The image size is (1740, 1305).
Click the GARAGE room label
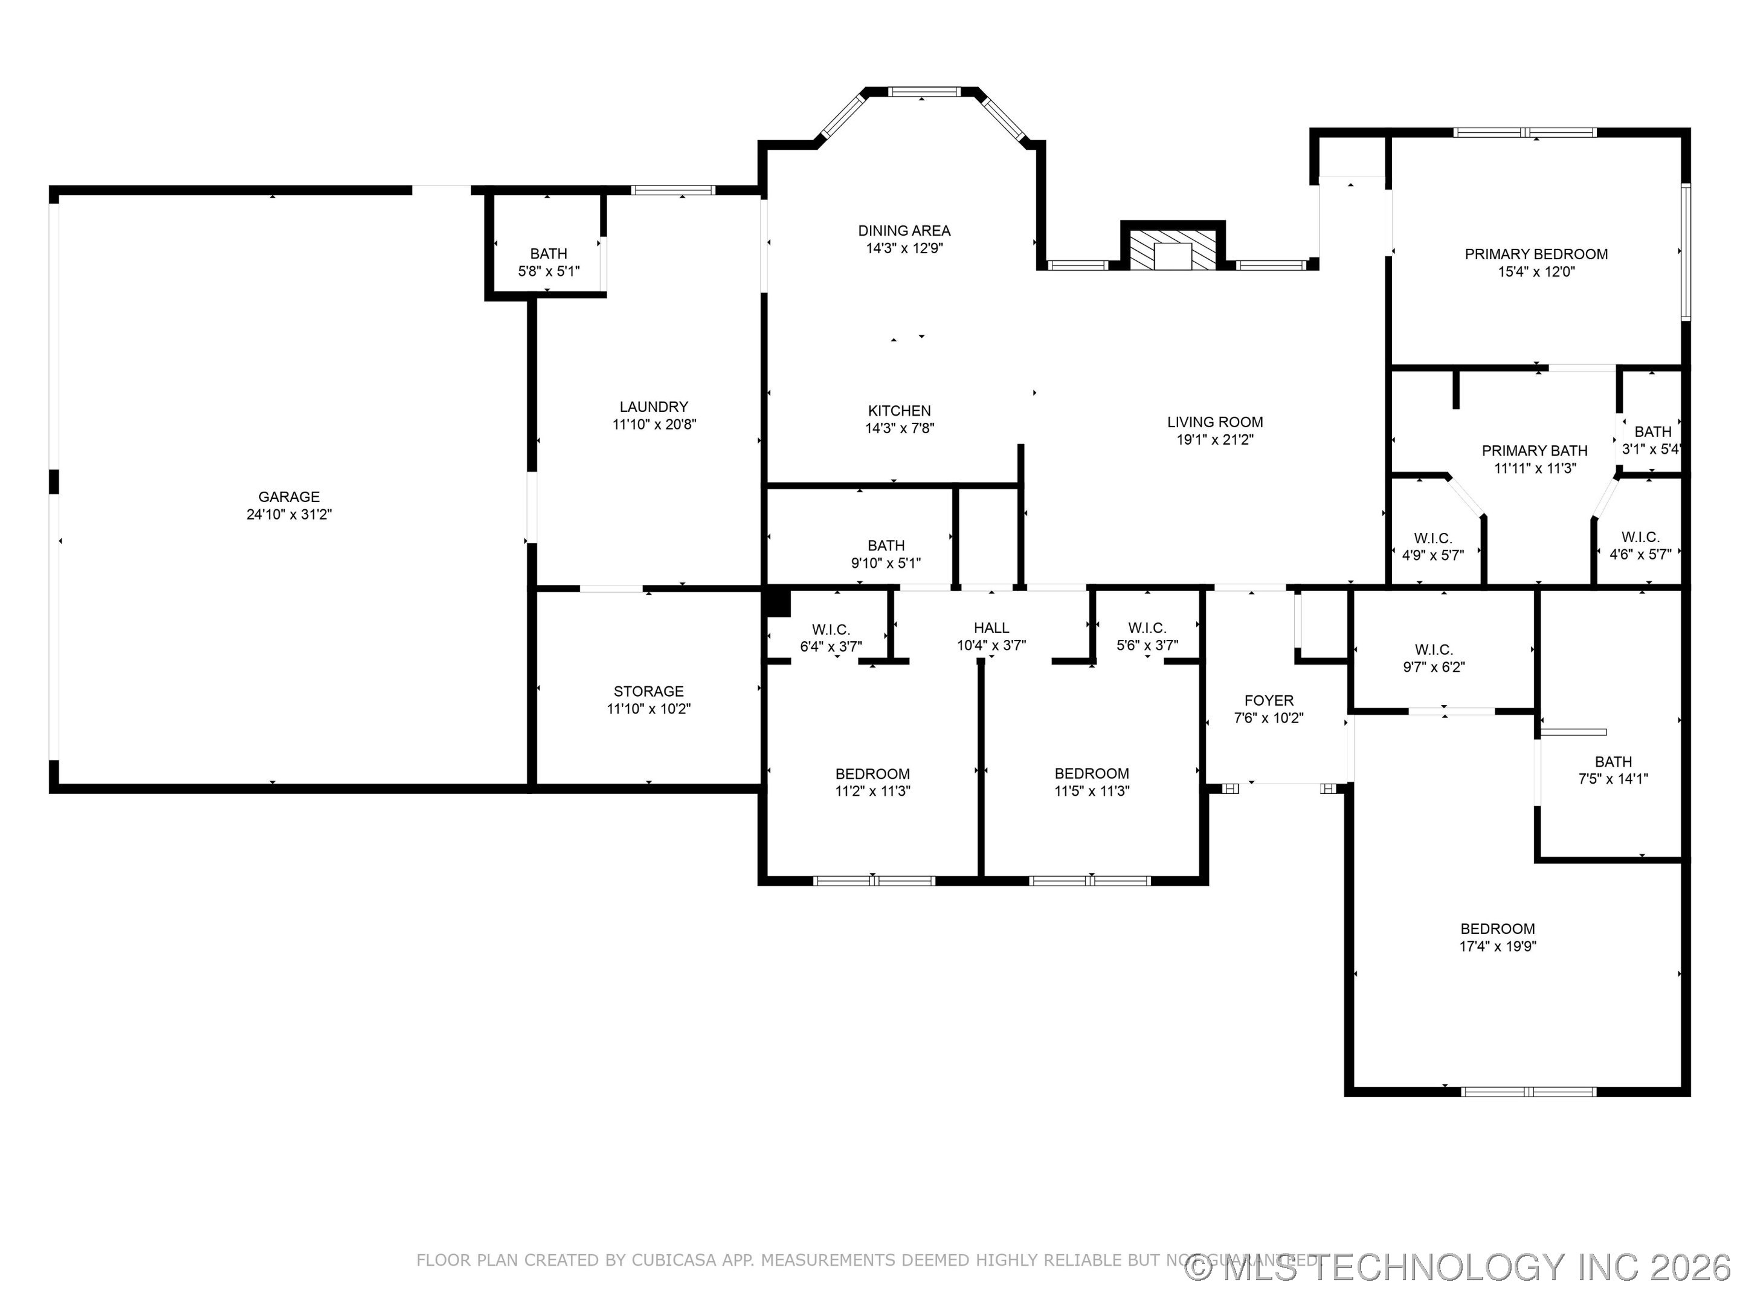(289, 497)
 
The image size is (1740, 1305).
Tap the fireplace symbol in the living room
(1173, 250)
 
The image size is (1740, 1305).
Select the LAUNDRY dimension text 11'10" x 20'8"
(654, 425)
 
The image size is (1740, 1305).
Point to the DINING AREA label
(904, 230)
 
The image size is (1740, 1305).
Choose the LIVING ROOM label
(1214, 422)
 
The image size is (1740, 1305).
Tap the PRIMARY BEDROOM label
(1535, 254)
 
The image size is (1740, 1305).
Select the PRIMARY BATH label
(1534, 451)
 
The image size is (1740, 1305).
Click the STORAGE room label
(648, 691)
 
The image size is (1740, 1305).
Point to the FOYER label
(1268, 700)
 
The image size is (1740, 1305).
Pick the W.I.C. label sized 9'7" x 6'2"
(1433, 649)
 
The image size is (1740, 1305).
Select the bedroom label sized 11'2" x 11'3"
(872, 774)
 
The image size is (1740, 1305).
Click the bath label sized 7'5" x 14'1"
(1613, 761)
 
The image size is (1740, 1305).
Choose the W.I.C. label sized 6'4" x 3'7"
(831, 630)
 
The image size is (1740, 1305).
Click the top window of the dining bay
(924, 92)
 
